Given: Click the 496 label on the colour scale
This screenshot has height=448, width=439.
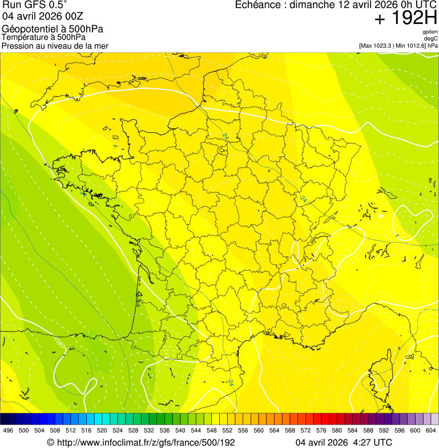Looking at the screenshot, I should (x=8, y=430).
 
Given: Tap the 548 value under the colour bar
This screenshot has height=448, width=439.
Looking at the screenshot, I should (x=211, y=430).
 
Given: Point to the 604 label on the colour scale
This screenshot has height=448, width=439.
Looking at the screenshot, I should (x=430, y=430).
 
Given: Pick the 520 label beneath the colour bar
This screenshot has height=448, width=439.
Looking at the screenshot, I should (x=102, y=430).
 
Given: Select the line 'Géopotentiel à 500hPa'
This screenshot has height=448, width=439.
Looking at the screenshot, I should (x=44, y=29).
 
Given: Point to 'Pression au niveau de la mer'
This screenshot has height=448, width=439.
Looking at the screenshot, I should (x=55, y=46).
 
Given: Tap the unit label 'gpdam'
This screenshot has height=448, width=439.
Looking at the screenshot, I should (x=430, y=32).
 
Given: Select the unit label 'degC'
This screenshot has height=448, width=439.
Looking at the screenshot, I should (x=431, y=38).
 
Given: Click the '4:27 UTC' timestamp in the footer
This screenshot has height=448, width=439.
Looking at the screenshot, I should (x=373, y=442).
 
